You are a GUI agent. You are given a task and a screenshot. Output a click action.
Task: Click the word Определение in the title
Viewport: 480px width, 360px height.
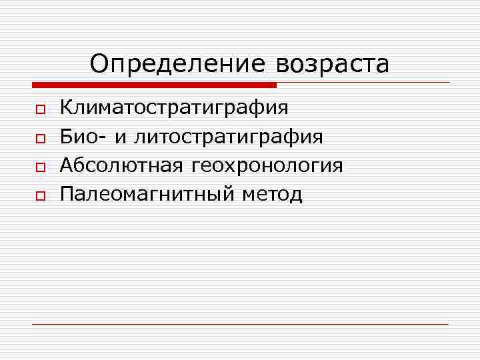(176, 65)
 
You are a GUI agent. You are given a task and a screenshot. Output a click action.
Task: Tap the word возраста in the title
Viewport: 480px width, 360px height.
(331, 65)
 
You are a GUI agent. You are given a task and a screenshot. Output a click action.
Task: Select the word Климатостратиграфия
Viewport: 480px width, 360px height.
(174, 107)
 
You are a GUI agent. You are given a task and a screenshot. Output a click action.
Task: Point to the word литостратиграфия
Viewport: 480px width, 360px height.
(229, 137)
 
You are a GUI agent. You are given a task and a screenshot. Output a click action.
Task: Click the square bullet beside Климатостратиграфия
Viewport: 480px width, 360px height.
(39, 109)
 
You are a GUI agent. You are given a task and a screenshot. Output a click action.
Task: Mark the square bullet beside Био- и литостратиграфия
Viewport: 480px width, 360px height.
(39, 138)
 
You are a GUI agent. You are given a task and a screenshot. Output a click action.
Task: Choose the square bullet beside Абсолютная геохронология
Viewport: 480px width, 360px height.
(39, 167)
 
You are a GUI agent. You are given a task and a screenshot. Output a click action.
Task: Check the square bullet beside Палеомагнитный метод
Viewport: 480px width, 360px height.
(39, 196)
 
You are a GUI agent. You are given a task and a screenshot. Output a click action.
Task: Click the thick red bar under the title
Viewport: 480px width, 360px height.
(153, 85)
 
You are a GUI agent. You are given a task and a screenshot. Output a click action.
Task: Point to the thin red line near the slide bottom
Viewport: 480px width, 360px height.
(240, 324)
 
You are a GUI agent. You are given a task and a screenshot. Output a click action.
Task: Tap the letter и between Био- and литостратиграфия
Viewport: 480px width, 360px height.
(120, 138)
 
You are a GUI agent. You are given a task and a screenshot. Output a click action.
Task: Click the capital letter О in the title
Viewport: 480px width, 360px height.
(99, 64)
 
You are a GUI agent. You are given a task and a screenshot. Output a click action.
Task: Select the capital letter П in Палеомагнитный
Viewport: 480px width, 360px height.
(67, 194)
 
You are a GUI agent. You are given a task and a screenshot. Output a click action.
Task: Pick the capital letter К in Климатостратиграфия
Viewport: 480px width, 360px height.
(67, 107)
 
